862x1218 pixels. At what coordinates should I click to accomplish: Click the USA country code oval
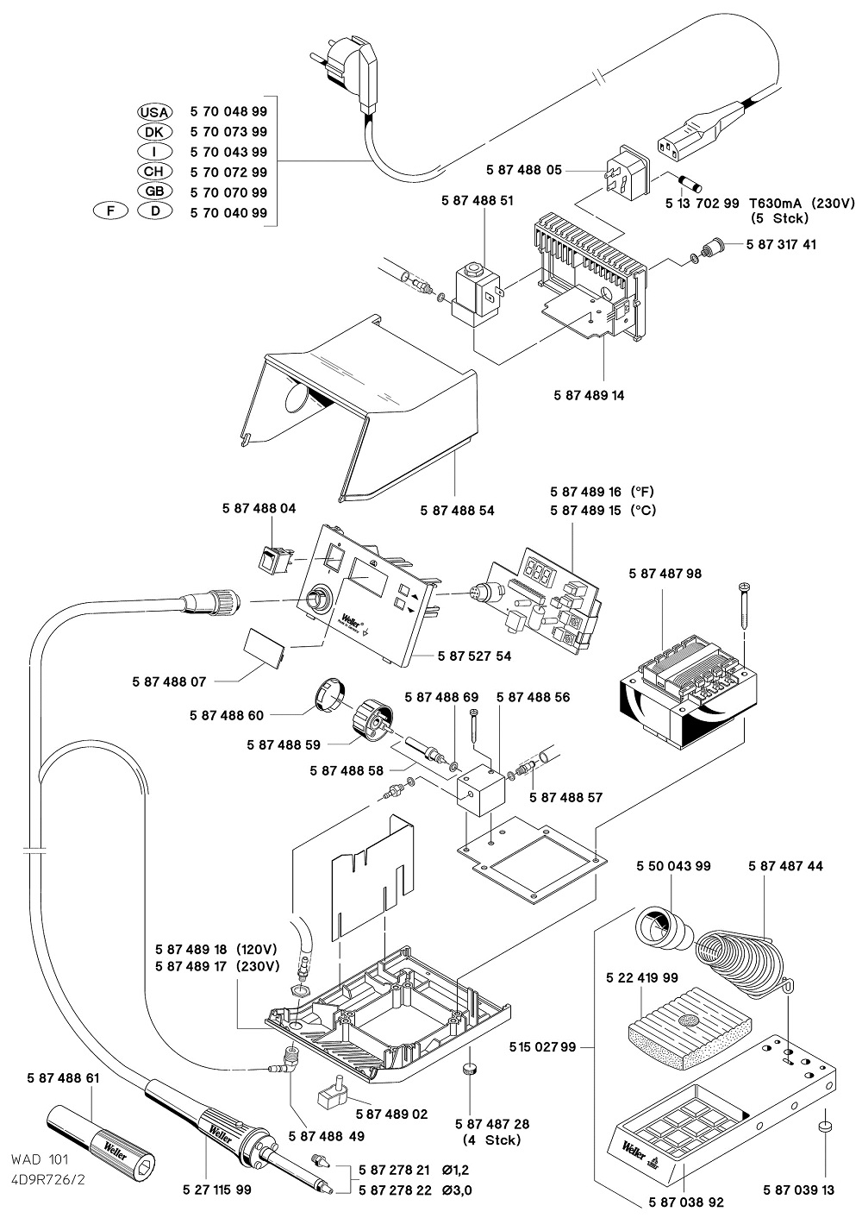[155, 112]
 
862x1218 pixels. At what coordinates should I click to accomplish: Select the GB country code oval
[155, 192]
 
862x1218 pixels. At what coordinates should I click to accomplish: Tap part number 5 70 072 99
[228, 173]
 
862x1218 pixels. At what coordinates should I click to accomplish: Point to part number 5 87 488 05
[524, 171]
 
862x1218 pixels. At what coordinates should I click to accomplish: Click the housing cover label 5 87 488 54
[458, 511]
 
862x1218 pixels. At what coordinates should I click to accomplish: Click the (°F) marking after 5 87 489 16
[643, 491]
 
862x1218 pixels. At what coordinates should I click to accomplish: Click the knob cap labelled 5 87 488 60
[328, 693]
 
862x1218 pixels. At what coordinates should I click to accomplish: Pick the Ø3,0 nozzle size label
[457, 1191]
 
